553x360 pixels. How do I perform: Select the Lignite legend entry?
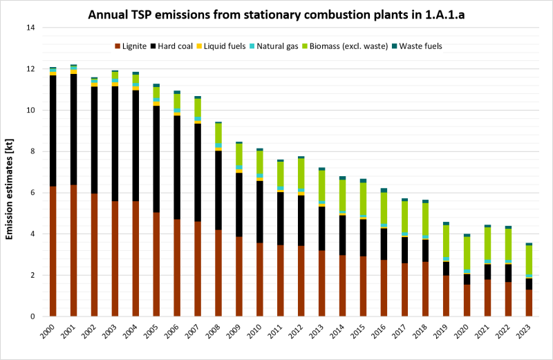coord(131,46)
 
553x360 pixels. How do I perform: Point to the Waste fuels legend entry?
coord(415,46)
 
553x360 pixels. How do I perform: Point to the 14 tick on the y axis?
coord(31,28)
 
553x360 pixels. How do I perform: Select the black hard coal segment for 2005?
coord(156,159)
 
